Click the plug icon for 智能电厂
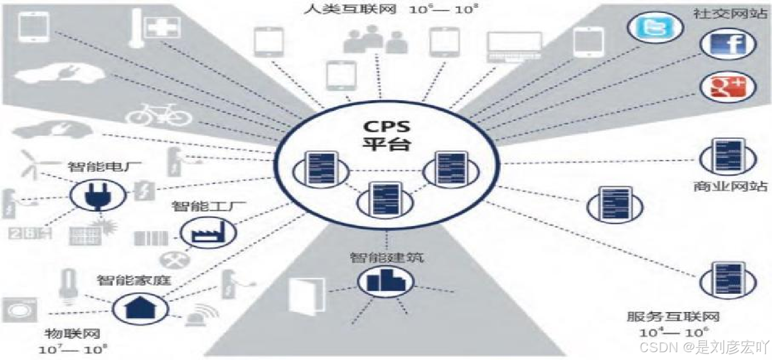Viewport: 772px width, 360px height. click(95, 195)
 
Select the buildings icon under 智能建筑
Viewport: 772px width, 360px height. click(385, 281)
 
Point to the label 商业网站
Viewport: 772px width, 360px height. click(730, 186)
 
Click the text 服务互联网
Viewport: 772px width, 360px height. click(673, 317)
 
